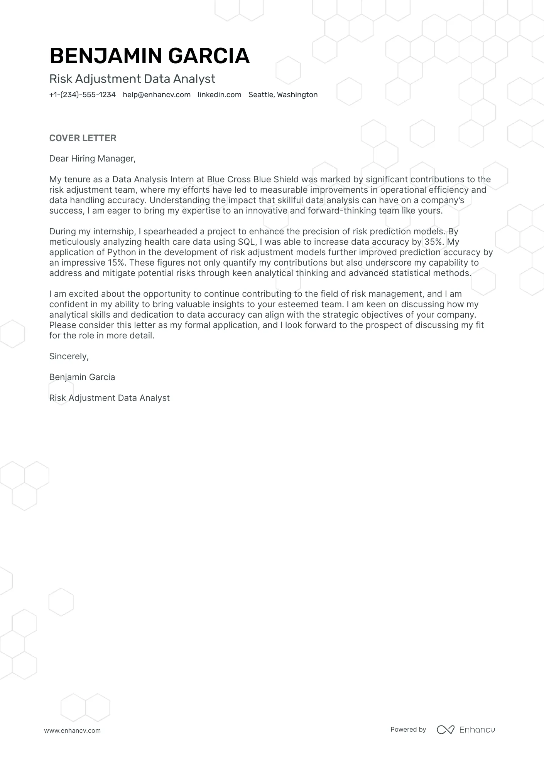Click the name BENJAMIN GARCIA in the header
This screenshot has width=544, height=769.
pos(149,56)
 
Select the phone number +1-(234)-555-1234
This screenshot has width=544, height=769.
pos(82,95)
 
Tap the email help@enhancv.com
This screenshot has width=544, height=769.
pos(157,95)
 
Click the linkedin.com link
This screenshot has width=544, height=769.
pos(219,95)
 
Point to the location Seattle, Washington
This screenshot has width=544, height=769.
pos(283,95)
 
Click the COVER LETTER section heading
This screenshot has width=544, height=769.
pos(83,138)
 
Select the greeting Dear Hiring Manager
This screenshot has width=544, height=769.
pos(92,158)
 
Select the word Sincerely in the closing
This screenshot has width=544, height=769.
pos(69,356)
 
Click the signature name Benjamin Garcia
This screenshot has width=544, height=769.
pos(82,377)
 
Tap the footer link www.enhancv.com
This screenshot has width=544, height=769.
pos(72,730)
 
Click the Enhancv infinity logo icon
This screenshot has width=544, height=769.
pos(445,730)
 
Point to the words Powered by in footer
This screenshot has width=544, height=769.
pos(408,729)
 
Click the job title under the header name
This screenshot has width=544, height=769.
pos(132,79)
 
